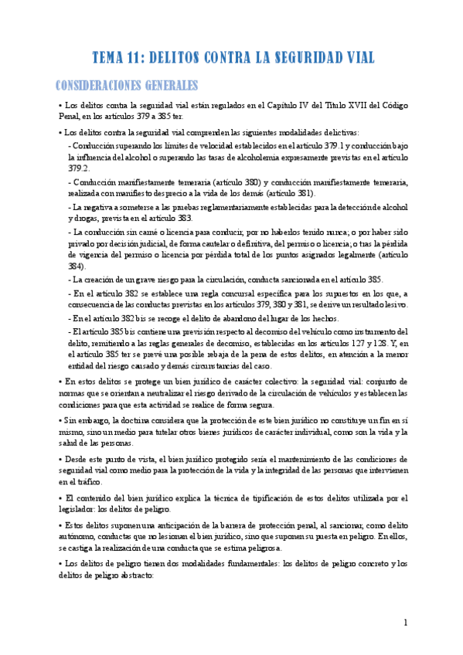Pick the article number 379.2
point(79,167)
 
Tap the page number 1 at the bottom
point(406,623)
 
